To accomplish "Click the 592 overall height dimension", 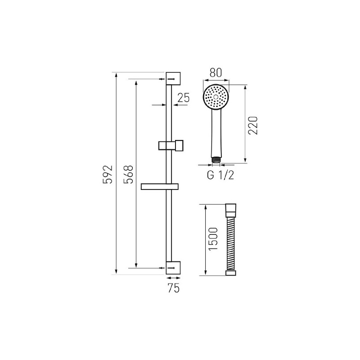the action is tap(108, 174).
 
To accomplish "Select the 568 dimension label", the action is tap(128, 174).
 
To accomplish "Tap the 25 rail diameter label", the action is tap(184, 98).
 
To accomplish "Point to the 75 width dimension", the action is tap(173, 288).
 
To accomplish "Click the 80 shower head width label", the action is tap(216, 72).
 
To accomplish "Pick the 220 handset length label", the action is tap(253, 126).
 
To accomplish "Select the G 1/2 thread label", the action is tap(220, 175).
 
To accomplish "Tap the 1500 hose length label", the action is tap(213, 239).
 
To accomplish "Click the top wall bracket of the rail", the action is tap(173, 78).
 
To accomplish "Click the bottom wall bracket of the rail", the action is tap(173, 268).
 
